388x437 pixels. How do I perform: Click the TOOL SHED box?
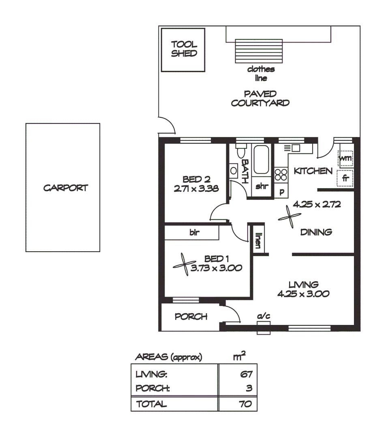click(x=183, y=49)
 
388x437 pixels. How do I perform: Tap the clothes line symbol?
click(x=258, y=51)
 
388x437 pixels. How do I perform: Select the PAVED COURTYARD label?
click(x=260, y=98)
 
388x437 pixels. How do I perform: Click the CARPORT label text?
click(x=66, y=188)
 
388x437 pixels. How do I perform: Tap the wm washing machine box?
click(x=345, y=158)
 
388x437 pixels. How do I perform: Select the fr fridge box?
click(x=345, y=178)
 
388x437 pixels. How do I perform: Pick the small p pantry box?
click(x=281, y=192)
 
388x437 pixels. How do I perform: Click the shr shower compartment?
click(x=262, y=187)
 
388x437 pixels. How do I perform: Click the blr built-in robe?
click(x=192, y=233)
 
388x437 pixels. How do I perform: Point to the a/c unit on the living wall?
click(x=264, y=326)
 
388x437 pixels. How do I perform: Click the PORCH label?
click(x=191, y=317)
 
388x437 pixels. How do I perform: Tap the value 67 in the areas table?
click(x=247, y=375)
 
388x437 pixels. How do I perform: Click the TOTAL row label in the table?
click(x=151, y=404)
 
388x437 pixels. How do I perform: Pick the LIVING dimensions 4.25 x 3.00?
click(x=303, y=294)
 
